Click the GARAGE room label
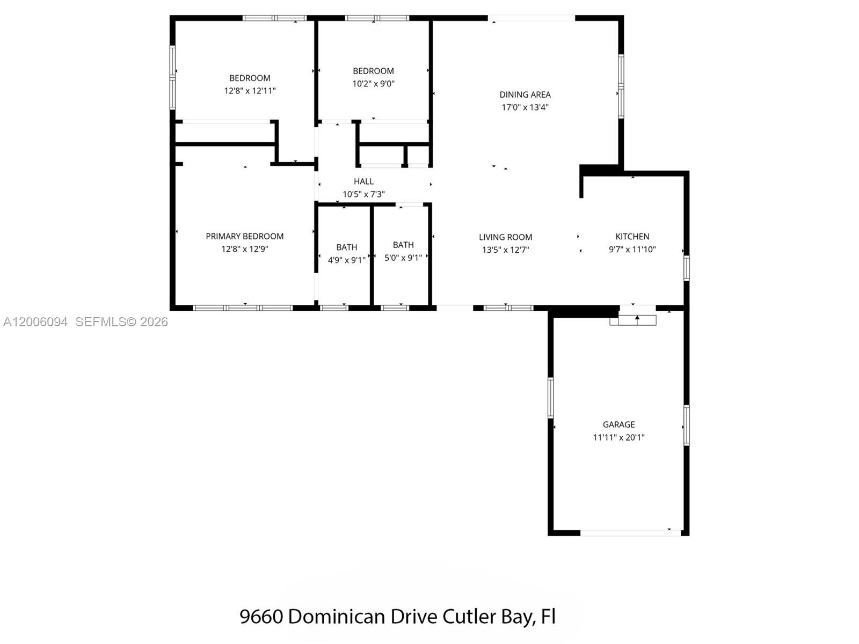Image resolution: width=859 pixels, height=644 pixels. click(x=618, y=425)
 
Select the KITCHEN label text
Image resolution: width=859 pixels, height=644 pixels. click(x=632, y=237)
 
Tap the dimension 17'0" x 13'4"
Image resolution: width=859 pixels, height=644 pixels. click(x=525, y=107)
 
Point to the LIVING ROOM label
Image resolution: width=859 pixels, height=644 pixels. click(x=505, y=237)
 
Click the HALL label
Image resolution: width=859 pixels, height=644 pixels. click(x=363, y=181)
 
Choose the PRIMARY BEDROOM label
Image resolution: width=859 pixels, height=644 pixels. click(x=244, y=236)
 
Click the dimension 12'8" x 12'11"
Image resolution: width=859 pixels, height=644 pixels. click(x=250, y=91)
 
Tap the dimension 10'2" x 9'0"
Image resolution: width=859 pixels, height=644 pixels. click(x=373, y=84)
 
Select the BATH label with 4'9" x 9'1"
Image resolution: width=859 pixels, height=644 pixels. click(x=346, y=247)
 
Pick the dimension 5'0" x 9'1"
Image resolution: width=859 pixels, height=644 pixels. click(x=403, y=258)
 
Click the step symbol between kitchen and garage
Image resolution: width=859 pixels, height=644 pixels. click(x=637, y=320)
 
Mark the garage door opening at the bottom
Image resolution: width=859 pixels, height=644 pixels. click(x=630, y=533)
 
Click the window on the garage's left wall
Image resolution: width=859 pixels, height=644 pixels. click(x=550, y=398)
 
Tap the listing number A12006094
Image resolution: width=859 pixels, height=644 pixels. click(x=35, y=322)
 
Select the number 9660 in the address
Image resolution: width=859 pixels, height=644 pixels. click(x=261, y=617)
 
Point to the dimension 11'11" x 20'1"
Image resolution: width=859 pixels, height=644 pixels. click(x=618, y=437)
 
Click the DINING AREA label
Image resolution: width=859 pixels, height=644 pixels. click(x=525, y=94)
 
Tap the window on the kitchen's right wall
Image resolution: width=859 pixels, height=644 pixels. click(x=686, y=268)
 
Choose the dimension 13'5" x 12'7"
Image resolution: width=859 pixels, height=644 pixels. click(x=505, y=250)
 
